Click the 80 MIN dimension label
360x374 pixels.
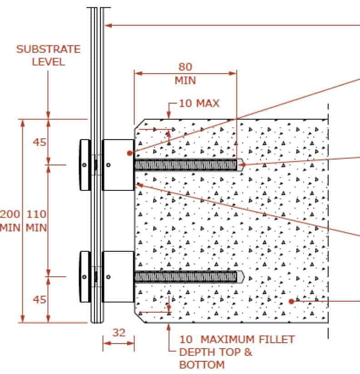click(x=185, y=74)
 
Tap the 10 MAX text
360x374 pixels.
click(x=199, y=103)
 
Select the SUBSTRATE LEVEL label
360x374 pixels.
click(x=49, y=55)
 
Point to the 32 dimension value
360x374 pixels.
click(x=119, y=333)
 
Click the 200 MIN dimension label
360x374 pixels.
click(x=10, y=221)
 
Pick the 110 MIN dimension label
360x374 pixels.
click(x=36, y=221)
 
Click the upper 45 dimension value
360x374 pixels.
click(x=40, y=142)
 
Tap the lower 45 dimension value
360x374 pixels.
click(x=40, y=299)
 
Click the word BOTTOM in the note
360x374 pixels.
click(x=202, y=365)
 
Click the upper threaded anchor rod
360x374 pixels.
click(x=189, y=165)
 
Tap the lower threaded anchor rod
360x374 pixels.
click(x=189, y=277)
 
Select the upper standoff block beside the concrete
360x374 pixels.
click(x=118, y=165)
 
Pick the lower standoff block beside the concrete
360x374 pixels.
click(x=118, y=277)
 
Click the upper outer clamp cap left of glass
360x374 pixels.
click(x=85, y=165)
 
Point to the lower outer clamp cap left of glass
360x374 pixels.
click(x=85, y=277)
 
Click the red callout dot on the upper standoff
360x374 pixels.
click(x=130, y=153)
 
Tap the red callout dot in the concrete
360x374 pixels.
click(x=291, y=301)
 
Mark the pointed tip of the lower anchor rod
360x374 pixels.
click(x=244, y=277)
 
